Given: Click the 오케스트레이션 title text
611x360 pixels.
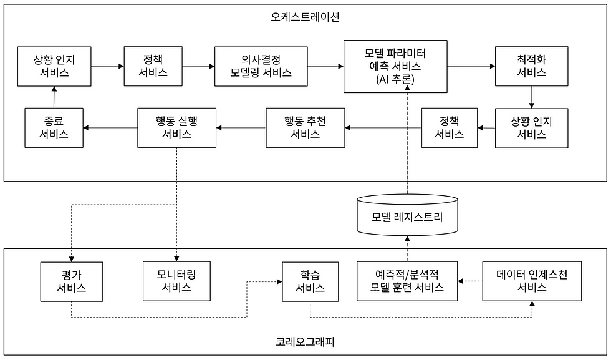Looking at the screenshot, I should click(305, 17).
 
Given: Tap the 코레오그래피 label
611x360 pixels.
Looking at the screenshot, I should click(305, 341).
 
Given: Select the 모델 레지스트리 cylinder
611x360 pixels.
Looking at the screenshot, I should click(407, 215).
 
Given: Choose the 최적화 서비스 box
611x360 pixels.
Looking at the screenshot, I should click(531, 66).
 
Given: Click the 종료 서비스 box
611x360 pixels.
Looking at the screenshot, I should click(54, 128).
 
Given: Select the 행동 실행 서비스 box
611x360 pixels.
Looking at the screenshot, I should click(176, 128).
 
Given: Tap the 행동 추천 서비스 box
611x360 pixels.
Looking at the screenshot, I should click(305, 128).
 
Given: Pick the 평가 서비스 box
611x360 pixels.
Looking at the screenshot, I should click(71, 281).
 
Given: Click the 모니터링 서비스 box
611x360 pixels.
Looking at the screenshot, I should click(176, 281).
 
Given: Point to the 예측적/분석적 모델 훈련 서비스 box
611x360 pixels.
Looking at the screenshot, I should click(407, 281).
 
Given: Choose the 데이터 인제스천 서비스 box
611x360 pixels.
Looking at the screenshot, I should click(531, 281).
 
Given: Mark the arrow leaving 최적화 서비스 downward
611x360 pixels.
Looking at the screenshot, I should click(531, 97).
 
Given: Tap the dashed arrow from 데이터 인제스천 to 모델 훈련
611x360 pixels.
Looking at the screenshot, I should click(470, 281).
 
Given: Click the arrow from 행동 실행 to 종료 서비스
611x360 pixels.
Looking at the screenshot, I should click(110, 128).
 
